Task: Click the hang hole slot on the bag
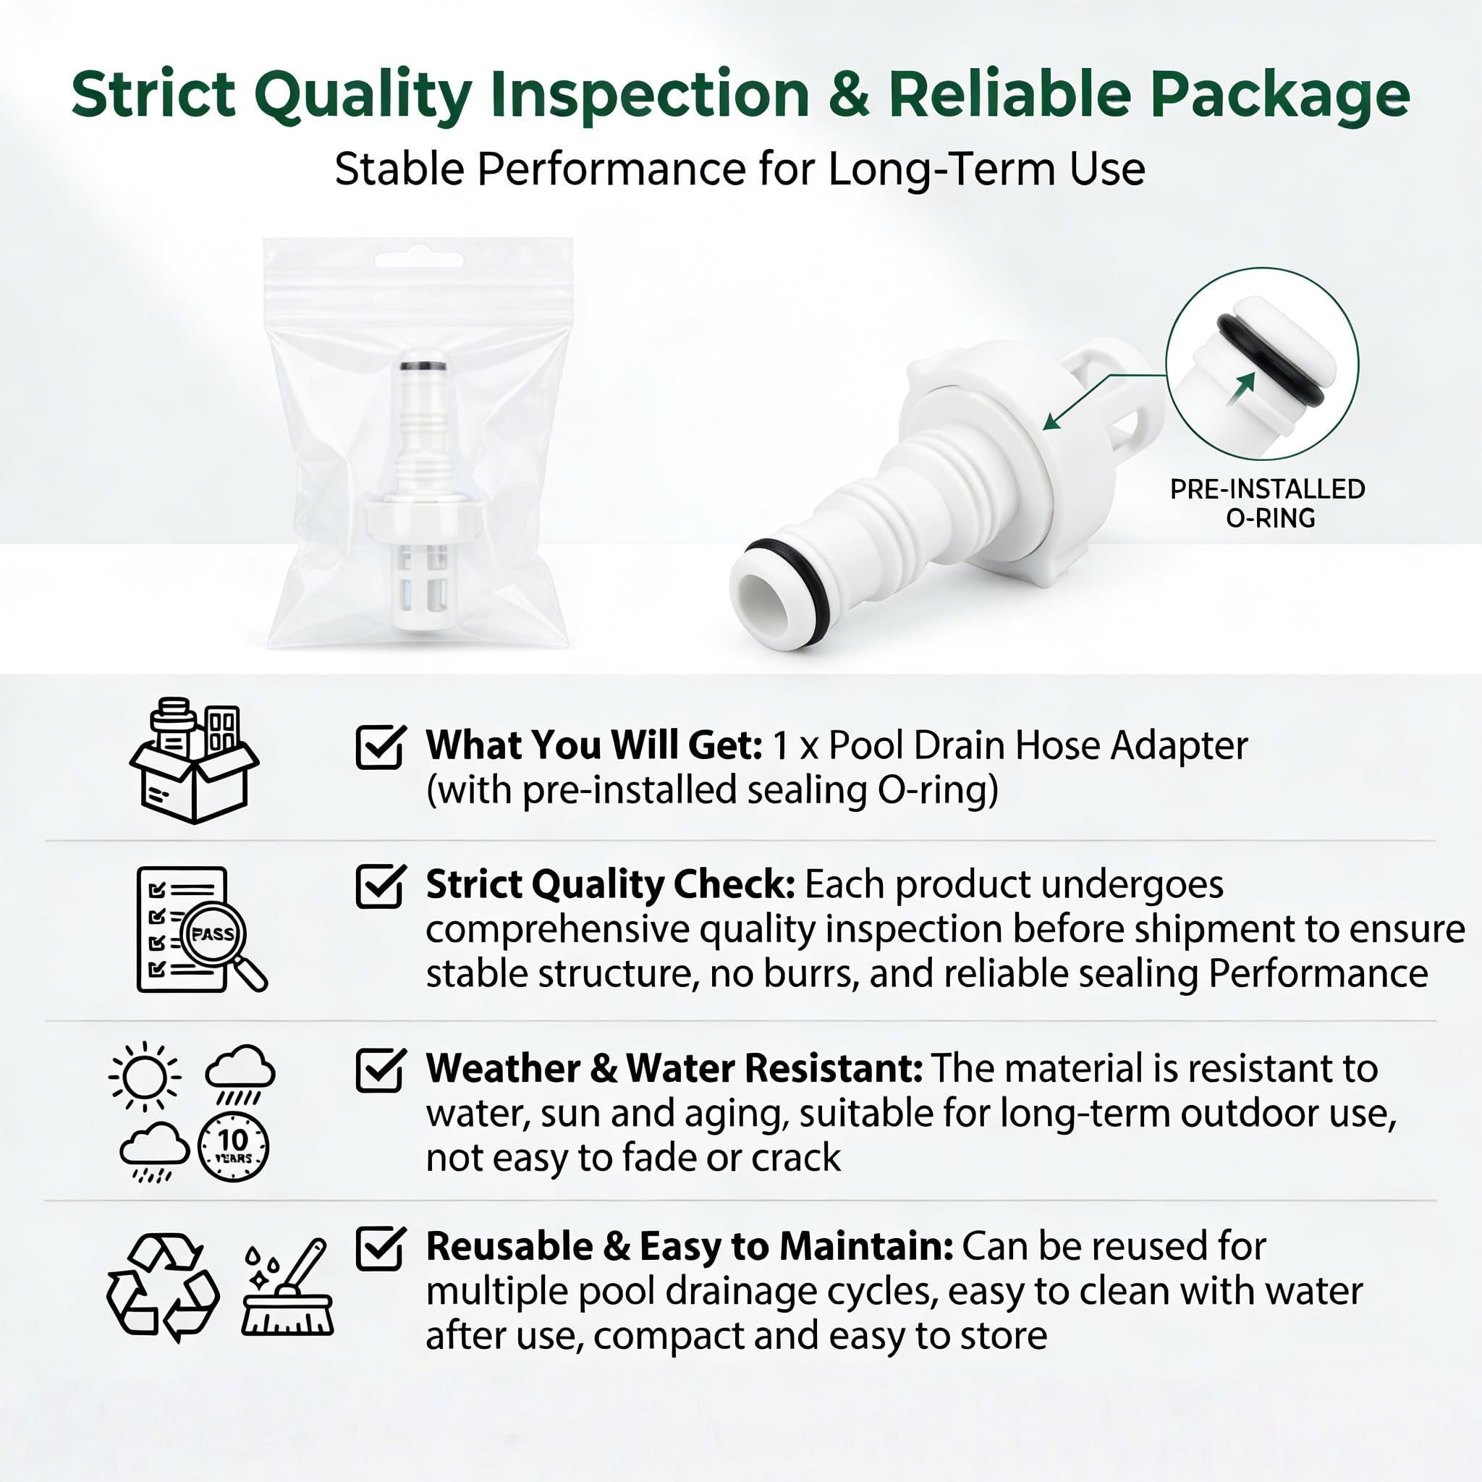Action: [419, 260]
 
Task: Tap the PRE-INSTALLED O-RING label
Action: [1267, 503]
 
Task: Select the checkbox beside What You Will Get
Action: [381, 746]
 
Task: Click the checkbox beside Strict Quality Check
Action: [381, 885]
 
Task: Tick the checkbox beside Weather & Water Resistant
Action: [381, 1070]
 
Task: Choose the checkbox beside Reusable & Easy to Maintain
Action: [381, 1248]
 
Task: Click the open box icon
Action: [194, 761]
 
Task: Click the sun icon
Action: [144, 1076]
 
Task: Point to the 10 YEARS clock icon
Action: [233, 1146]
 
